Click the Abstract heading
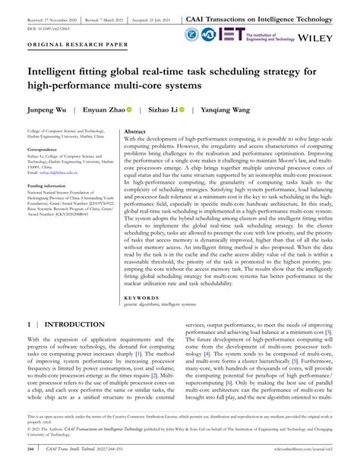click(x=135, y=132)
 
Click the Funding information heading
click(x=49, y=186)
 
